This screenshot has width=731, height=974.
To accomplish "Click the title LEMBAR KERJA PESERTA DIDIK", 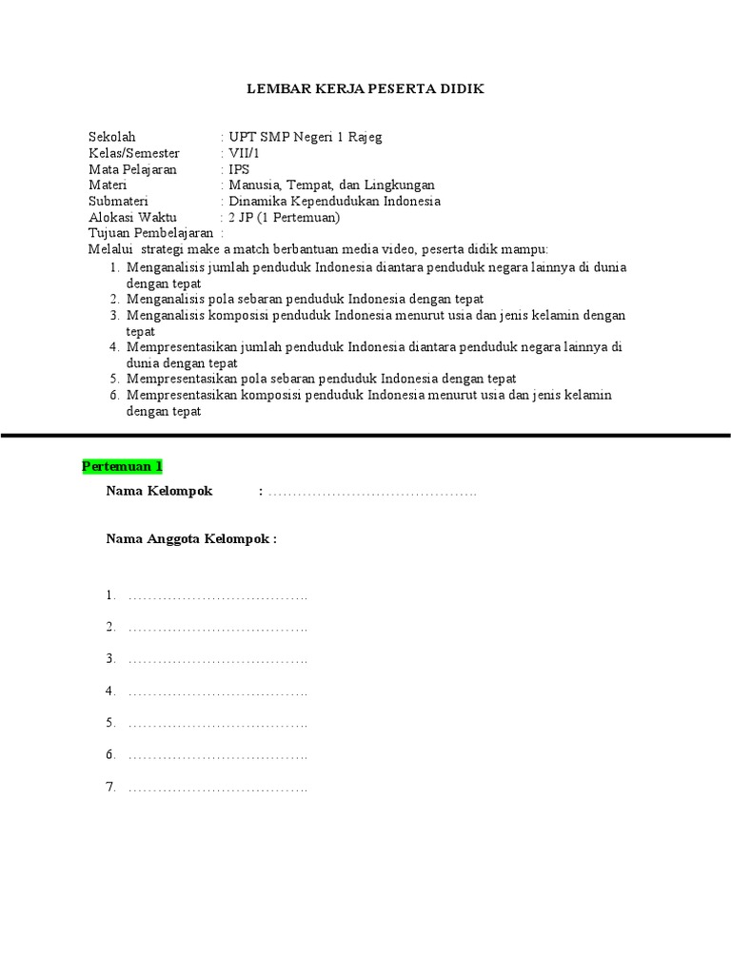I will click(x=366, y=89).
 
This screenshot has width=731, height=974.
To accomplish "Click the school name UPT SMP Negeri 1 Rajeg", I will click(x=305, y=137).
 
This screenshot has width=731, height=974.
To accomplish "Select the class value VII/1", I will click(x=244, y=153).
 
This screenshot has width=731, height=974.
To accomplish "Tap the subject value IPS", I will click(x=239, y=169).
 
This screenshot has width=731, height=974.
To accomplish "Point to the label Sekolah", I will click(x=112, y=137).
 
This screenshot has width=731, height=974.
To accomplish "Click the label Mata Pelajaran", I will click(x=133, y=169).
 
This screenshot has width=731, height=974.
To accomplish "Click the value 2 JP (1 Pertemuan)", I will click(x=284, y=218).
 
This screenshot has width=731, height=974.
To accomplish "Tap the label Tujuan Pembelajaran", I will click(x=150, y=233).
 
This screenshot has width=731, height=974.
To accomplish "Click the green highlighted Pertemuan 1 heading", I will click(x=123, y=466).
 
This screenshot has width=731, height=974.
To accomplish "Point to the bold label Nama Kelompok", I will click(x=159, y=491).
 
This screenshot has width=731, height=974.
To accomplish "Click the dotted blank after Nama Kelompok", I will click(x=372, y=493).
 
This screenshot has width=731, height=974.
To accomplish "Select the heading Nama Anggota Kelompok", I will click(x=191, y=538).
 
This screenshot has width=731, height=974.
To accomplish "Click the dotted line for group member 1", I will click(x=218, y=597).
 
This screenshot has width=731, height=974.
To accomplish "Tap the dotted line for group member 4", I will click(x=218, y=692).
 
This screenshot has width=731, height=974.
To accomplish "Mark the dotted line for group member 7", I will click(x=218, y=789).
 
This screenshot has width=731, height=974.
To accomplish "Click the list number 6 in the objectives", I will click(x=113, y=395).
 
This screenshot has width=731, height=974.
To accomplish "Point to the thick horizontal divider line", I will click(x=365, y=435).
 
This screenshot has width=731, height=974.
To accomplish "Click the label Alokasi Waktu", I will click(x=132, y=218).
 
